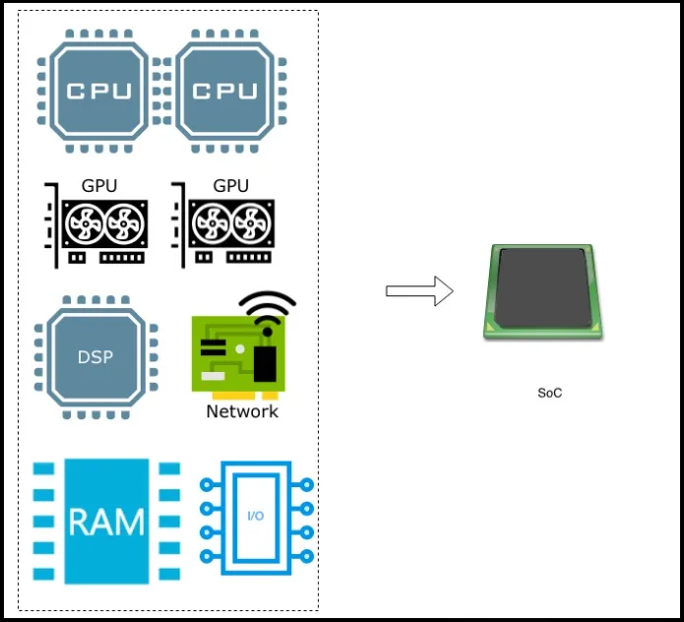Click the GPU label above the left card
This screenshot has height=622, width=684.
(100, 185)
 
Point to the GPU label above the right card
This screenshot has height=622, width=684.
(230, 185)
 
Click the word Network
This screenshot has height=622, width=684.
(242, 411)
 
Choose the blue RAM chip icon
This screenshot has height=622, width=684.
(106, 522)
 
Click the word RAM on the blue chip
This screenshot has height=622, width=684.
(106, 522)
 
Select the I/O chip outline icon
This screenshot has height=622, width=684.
(254, 517)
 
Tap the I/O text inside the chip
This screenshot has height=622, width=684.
(254, 517)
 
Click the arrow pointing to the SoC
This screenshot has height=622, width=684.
(418, 290)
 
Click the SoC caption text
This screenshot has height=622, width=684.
(550, 393)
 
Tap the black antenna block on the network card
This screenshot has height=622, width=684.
(264, 361)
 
